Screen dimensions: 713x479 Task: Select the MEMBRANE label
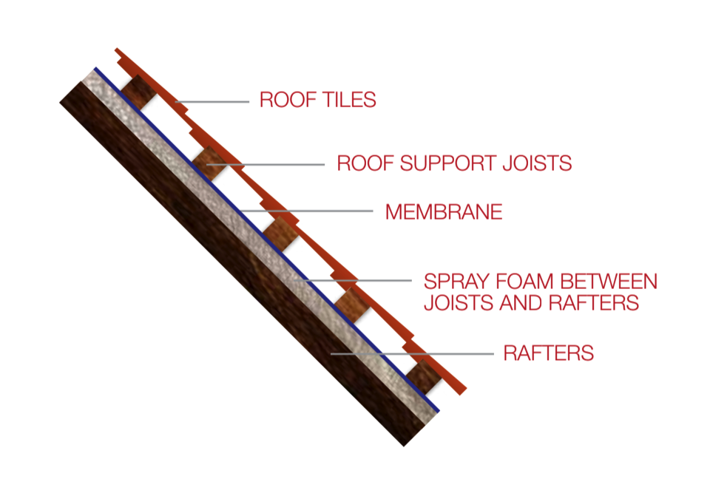[444, 211]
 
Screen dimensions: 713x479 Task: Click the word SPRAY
[456, 282]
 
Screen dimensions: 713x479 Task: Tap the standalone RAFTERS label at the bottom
[549, 353]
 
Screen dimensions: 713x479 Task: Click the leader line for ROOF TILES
[212, 102]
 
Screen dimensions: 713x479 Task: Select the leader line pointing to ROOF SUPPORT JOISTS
[265, 165]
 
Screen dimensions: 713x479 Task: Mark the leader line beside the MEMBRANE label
[306, 211]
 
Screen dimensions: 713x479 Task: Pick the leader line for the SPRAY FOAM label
[353, 280]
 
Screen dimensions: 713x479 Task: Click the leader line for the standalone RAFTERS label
[412, 353]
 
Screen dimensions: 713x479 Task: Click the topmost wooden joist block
[138, 92]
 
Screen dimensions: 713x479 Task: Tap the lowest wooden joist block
[423, 377]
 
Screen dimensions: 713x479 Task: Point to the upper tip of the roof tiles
[116, 49]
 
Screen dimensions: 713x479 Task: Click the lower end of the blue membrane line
[439, 411]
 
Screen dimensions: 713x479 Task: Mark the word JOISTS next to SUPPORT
[537, 163]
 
